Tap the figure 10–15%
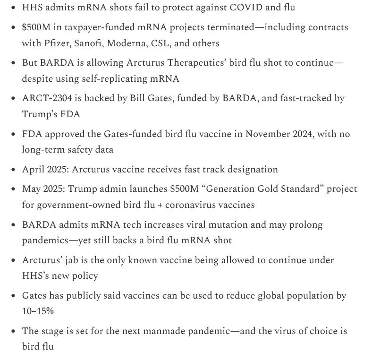coord(36,311)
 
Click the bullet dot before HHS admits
coord(12,8)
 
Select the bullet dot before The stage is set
coord(12,331)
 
